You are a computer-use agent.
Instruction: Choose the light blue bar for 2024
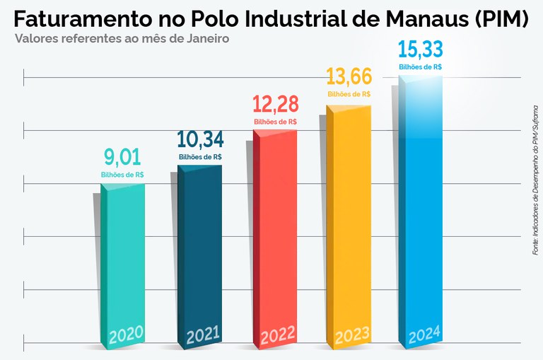click(421, 205)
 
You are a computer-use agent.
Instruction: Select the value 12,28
click(275, 104)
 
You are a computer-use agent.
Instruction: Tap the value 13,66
click(349, 76)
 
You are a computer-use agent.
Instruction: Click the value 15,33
click(421, 50)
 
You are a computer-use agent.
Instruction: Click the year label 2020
click(125, 333)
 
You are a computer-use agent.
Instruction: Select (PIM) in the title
click(499, 19)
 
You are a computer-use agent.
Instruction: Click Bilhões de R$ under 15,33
click(421, 66)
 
